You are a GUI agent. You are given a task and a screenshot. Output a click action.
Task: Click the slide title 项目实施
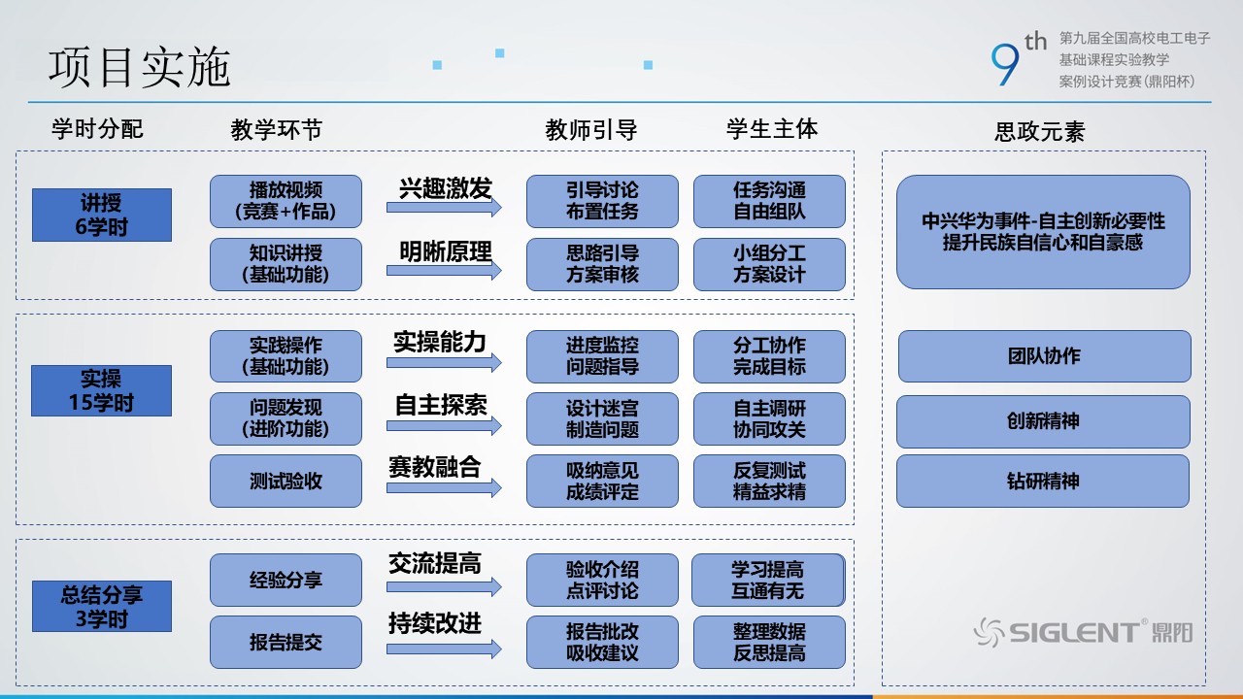(x=140, y=68)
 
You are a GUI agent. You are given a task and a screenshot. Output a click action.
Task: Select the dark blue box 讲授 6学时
(x=102, y=216)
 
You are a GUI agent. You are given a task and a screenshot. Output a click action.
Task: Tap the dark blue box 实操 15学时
(x=102, y=391)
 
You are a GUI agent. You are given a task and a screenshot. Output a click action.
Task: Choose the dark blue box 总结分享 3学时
(x=102, y=607)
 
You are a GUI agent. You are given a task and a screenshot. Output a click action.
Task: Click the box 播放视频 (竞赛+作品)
(x=286, y=201)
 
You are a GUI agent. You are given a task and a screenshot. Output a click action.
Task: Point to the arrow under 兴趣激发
(x=444, y=208)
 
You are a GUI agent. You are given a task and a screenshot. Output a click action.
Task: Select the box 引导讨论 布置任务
(x=602, y=201)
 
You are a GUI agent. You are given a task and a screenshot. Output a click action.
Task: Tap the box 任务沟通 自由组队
(x=769, y=201)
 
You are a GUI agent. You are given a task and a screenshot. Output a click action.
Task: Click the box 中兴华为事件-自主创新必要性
(x=1043, y=232)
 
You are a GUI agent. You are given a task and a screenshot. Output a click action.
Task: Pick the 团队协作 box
(x=1044, y=356)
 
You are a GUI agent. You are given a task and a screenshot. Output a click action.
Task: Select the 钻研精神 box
(x=1043, y=482)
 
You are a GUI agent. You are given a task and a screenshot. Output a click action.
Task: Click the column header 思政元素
(x=1040, y=132)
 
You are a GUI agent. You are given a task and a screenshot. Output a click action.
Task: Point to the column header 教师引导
(x=591, y=130)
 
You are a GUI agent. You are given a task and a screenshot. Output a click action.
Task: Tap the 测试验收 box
(x=286, y=482)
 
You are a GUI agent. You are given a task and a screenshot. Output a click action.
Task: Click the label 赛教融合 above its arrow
(x=434, y=467)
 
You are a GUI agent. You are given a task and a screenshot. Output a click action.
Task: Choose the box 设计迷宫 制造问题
(x=602, y=418)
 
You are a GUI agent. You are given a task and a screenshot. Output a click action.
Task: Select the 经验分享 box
(x=286, y=581)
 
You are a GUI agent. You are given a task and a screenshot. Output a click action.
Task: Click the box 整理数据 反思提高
(x=769, y=642)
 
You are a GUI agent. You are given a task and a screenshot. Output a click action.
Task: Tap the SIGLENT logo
(x=1083, y=633)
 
